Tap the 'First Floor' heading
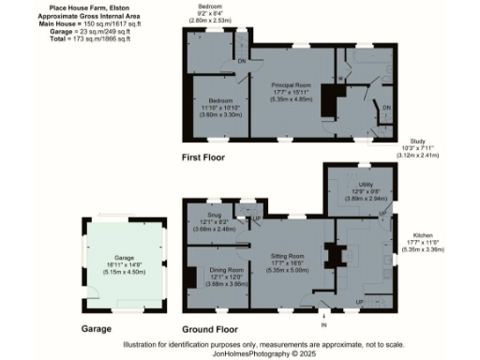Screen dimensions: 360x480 click(x=208, y=158)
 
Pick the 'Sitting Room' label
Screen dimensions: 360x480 click(x=290, y=255)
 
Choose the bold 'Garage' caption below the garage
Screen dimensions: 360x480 click(x=96, y=330)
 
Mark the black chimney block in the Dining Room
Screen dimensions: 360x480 click(x=192, y=278)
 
